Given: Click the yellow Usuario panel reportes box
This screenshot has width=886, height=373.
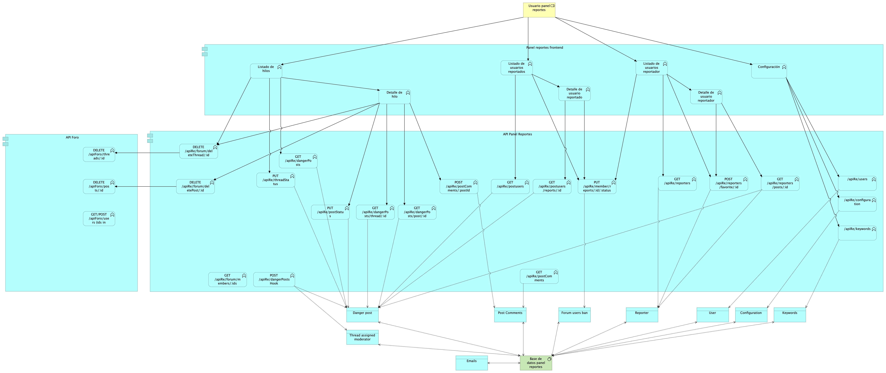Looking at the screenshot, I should click(x=539, y=10).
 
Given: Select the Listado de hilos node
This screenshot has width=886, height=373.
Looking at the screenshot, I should click(x=266, y=71).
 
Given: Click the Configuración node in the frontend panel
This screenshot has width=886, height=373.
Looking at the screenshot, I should click(x=769, y=71).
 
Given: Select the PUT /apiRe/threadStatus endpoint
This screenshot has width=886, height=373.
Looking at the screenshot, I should click(x=276, y=180).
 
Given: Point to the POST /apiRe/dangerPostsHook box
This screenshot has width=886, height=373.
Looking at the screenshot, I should click(x=274, y=280).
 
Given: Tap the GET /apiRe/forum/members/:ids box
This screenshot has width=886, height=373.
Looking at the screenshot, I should click(x=227, y=280).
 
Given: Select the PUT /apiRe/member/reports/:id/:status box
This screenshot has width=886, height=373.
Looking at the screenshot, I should click(x=597, y=186).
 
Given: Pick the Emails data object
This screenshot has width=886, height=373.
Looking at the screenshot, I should click(x=472, y=363).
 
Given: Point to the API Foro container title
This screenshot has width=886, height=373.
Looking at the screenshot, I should click(x=72, y=137).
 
